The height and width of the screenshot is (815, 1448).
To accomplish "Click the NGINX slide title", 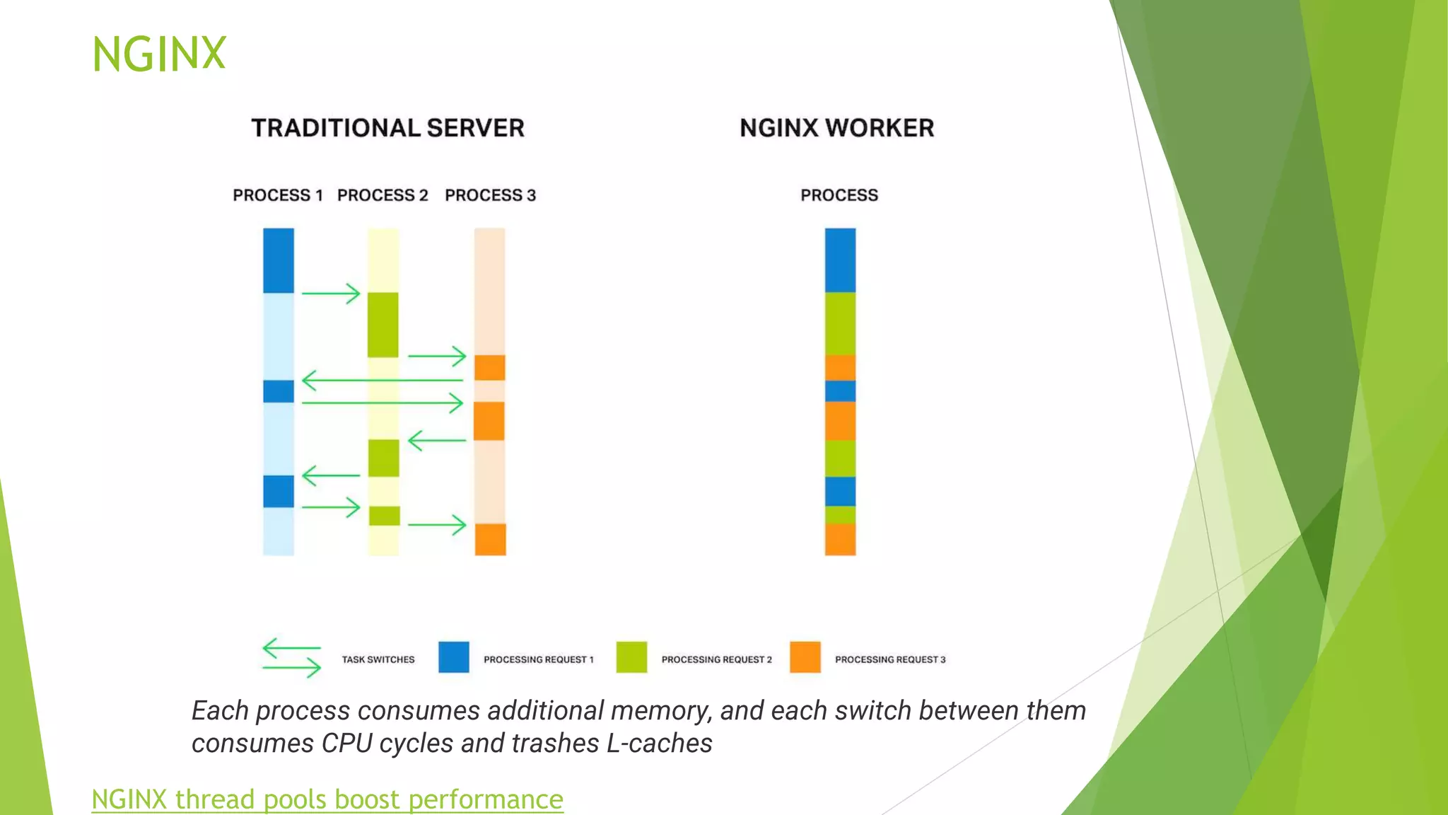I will pos(159,54).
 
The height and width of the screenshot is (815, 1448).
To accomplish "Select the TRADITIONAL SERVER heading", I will pos(387,128).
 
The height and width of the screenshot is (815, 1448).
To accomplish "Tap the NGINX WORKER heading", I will pos(836,128).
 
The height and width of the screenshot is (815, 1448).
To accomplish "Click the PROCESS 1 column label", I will pos(278,195).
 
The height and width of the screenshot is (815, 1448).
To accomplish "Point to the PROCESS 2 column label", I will pos(383,195).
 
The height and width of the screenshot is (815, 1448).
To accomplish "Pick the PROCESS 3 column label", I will pos(490,195).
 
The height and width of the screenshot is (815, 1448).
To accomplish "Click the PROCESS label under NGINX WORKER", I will pos(839,195).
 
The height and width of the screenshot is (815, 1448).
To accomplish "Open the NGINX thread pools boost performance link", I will pos(327,799).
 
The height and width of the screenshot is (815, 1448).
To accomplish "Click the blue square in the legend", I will pos(454,657).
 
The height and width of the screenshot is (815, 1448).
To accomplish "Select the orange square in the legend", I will pos(805,657).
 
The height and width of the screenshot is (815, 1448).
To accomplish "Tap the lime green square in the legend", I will pos(631,657).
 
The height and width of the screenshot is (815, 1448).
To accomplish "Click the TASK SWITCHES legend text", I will pos(378,659).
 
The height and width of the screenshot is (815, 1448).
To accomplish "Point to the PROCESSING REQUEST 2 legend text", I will pos(716,659).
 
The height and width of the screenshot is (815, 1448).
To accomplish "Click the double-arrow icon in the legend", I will pos(291,658).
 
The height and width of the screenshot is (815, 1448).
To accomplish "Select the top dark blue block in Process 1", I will pos(279,260).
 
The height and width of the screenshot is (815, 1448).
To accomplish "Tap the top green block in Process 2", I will pos(383,325).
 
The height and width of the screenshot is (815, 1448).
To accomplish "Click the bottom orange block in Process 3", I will pos(490,539).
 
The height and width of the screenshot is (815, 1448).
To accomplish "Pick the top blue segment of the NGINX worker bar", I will pos(840,260).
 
